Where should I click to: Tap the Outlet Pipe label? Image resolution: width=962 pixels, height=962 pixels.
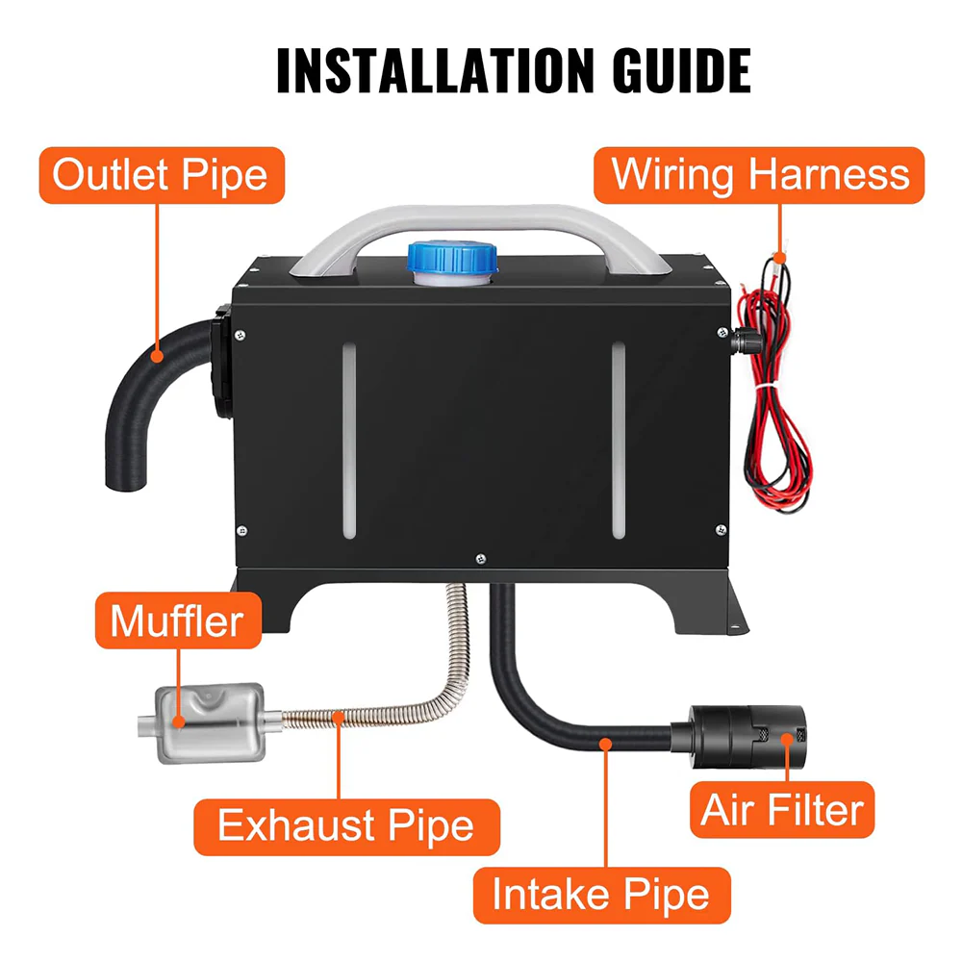(x=160, y=176)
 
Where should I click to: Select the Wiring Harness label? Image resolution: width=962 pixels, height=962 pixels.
(x=760, y=175)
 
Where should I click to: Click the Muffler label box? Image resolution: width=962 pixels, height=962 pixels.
(x=176, y=620)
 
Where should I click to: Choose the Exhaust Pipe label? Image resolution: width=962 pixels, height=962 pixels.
(x=345, y=826)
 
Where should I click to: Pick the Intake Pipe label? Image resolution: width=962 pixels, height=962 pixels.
(x=600, y=895)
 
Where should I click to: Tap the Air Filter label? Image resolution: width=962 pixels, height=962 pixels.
(x=782, y=810)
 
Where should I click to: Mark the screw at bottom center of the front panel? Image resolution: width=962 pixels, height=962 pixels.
(x=479, y=555)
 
